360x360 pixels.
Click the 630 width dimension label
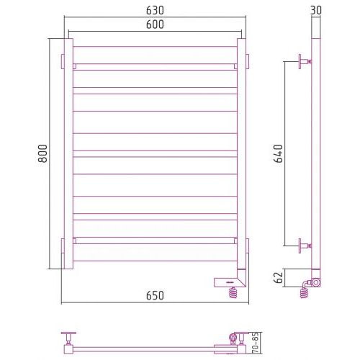[155, 10]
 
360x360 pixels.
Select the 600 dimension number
[155, 24]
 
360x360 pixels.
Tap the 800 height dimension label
[43, 153]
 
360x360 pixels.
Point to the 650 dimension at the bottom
[155, 295]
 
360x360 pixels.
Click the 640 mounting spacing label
[279, 153]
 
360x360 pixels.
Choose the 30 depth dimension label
[316, 10]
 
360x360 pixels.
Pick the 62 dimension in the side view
[279, 278]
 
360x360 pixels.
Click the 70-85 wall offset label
[255, 343]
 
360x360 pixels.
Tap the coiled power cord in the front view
[233, 292]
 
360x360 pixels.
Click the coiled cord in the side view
[304, 292]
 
